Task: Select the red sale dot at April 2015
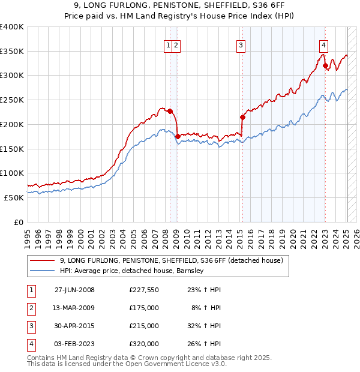coord(242,117)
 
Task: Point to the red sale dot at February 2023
coord(325,66)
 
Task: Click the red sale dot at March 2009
coord(178,137)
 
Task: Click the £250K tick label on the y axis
coord(11,100)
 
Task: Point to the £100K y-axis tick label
coord(11,173)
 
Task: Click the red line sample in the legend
coord(42,260)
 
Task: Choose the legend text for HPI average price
coord(132,271)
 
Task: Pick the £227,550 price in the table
coord(143,289)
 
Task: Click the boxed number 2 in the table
coord(31,307)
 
